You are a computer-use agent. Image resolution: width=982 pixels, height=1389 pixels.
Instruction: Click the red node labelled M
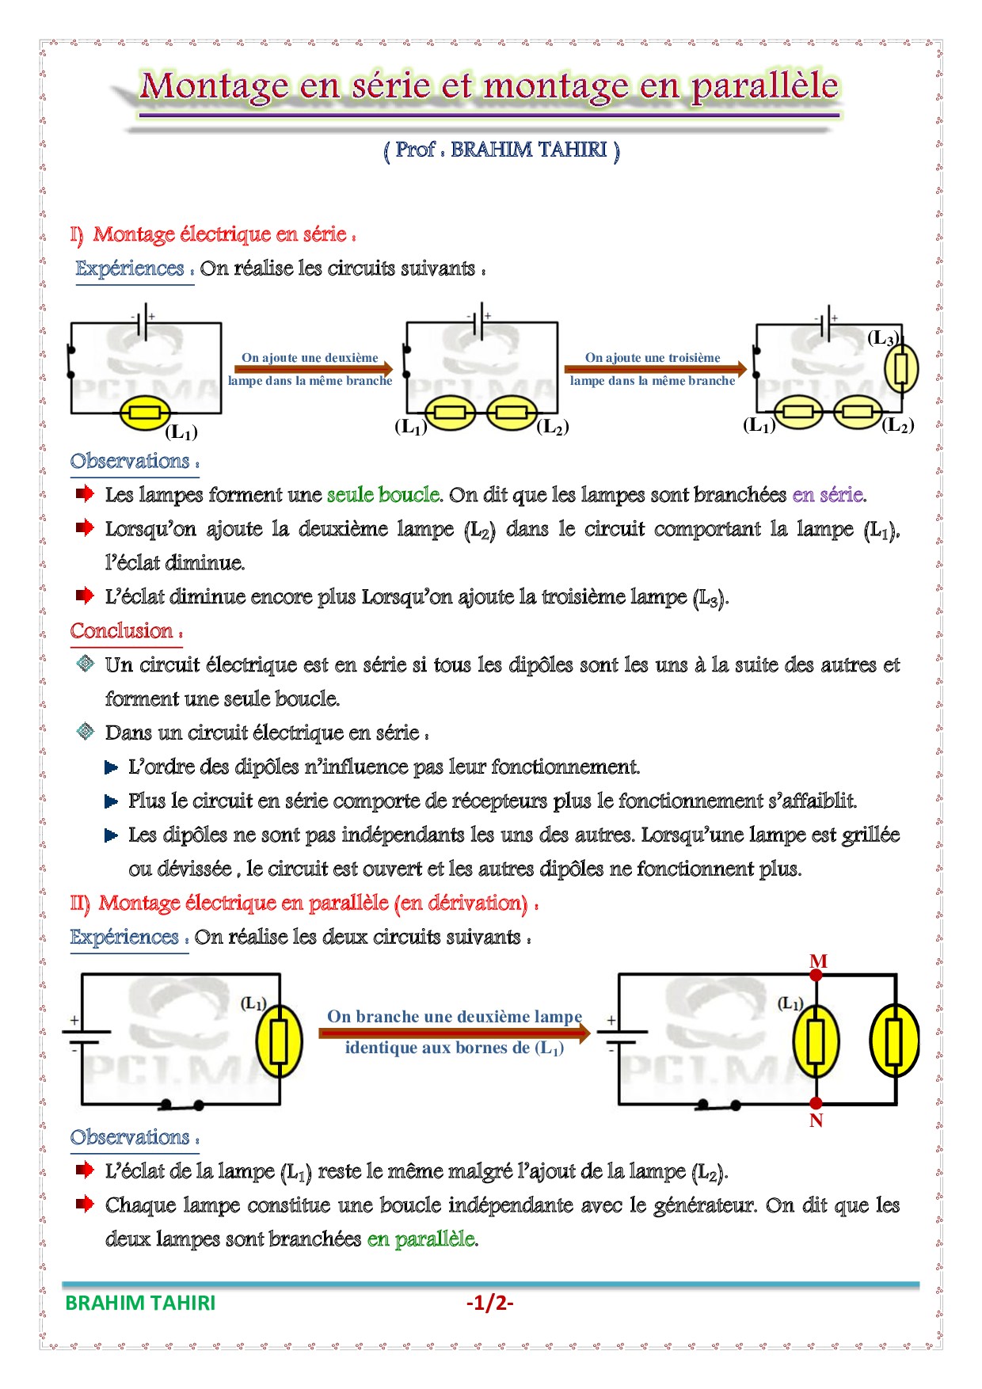pos(816,975)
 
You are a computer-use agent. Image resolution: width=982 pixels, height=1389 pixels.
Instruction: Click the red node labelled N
pos(816,1103)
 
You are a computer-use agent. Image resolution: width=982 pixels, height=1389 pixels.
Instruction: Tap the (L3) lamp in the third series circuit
pos(901,369)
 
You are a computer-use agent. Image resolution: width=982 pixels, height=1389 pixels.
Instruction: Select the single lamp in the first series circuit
pos(145,413)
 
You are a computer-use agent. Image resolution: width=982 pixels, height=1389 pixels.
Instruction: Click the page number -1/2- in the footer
pos(489,1303)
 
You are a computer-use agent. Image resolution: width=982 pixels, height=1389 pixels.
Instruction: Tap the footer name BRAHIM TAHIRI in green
pos(140,1303)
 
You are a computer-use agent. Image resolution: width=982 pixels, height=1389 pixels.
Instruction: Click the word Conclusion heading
pos(122,631)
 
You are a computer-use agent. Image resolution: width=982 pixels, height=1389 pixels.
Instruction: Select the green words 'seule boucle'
pos(383,495)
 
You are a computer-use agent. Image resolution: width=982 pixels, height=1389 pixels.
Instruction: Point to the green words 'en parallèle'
pos(421,1239)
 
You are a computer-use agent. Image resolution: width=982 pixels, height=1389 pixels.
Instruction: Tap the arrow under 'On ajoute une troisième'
pos(655,369)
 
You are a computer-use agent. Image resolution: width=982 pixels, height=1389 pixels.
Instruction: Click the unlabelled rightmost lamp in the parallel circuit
pos(894,1041)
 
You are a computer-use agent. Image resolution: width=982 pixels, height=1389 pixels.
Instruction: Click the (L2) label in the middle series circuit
pos(552,427)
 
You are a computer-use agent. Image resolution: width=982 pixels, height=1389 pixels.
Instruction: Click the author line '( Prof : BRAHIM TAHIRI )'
pos(501,150)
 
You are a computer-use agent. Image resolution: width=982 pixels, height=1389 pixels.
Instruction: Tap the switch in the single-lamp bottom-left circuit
pos(182,1104)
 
